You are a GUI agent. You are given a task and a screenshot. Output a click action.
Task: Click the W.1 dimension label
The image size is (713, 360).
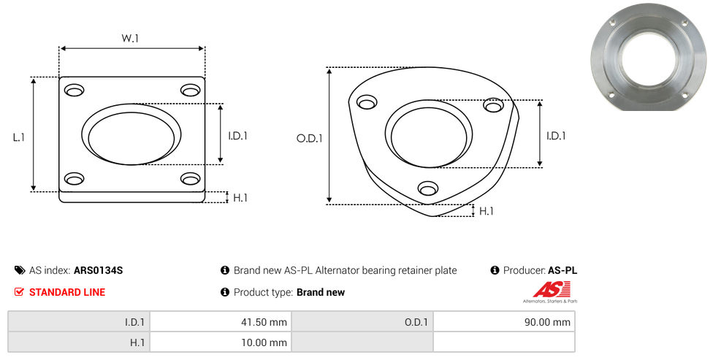(x=130, y=38)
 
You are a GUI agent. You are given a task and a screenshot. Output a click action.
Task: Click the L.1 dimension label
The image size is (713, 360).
(x=19, y=136)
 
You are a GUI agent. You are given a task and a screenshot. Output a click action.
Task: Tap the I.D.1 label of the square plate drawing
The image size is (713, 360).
(x=238, y=135)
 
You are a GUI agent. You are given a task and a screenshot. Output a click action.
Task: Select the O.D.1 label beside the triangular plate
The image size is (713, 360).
(x=309, y=137)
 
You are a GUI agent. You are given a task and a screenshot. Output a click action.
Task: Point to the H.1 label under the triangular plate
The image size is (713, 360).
(x=487, y=211)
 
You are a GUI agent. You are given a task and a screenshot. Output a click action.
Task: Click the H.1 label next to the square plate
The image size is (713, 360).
(x=240, y=197)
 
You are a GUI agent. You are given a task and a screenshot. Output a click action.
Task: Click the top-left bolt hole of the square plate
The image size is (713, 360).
(x=74, y=91)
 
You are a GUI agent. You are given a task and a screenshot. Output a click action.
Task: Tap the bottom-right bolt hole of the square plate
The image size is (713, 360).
(x=191, y=179)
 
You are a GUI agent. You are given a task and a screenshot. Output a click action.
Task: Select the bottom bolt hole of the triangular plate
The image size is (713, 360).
(x=428, y=189)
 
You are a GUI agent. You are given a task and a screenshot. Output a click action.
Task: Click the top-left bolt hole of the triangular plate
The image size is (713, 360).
(x=365, y=102)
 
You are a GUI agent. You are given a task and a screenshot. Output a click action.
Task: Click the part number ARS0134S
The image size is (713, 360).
(x=99, y=270)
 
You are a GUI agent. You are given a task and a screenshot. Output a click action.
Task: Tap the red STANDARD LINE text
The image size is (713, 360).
(x=67, y=292)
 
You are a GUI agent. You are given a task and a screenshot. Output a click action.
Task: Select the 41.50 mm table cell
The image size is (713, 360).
(x=219, y=322)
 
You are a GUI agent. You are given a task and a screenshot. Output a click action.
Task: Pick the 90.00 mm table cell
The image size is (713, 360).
(x=504, y=322)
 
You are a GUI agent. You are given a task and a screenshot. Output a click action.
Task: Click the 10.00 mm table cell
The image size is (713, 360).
(x=219, y=342)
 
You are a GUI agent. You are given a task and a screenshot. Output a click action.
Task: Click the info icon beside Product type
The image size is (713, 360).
(x=225, y=292)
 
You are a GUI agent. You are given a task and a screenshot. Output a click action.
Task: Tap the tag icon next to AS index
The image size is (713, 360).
(x=20, y=270)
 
